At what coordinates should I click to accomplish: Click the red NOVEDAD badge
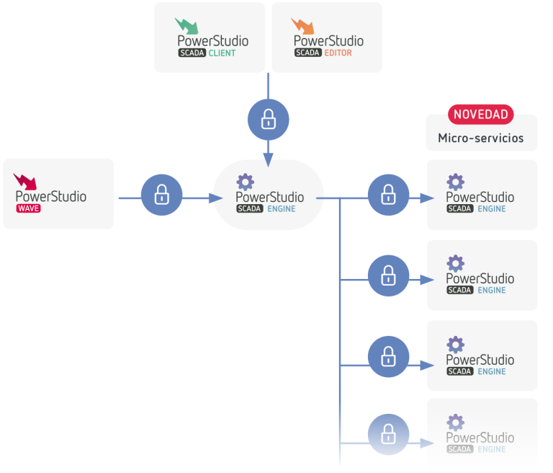click(x=481, y=114)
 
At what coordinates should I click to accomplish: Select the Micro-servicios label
click(x=481, y=138)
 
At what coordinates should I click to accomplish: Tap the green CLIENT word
click(x=222, y=53)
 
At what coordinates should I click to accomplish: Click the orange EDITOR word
click(x=338, y=53)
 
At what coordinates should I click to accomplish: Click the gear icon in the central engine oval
click(x=246, y=182)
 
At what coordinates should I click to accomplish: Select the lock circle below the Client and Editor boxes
click(x=268, y=119)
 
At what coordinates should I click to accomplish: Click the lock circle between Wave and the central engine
click(x=161, y=195)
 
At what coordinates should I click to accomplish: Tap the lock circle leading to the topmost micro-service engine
click(x=388, y=195)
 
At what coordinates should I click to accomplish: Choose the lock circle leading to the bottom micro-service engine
click(x=388, y=434)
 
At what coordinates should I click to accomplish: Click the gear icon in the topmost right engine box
click(x=455, y=182)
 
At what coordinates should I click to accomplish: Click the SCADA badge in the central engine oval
click(x=249, y=209)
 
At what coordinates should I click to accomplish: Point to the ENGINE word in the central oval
click(x=281, y=209)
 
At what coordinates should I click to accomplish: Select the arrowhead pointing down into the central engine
click(x=268, y=161)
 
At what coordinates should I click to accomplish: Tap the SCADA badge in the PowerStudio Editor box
click(x=307, y=53)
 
